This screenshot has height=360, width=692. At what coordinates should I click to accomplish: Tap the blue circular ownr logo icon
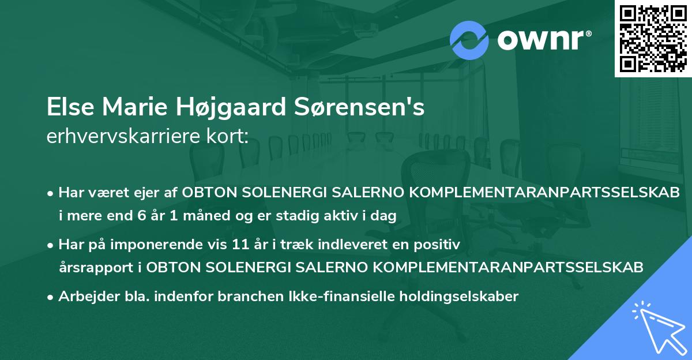coord(469,40)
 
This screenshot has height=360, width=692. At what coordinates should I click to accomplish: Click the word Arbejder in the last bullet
coord(85,297)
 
